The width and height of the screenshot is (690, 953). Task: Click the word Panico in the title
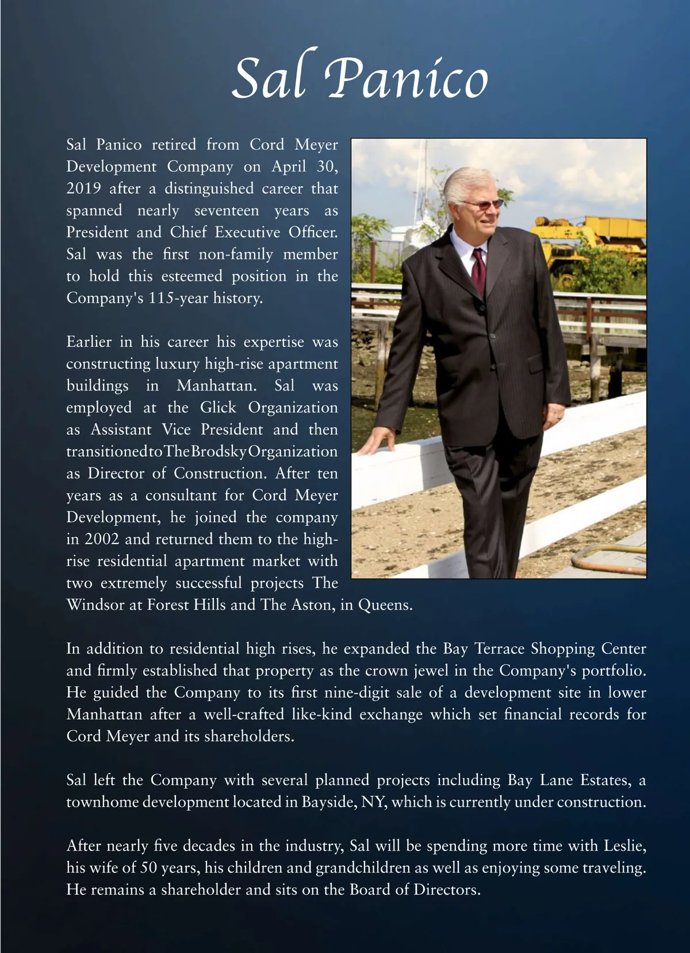point(407,78)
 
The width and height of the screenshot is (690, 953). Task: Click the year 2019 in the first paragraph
point(83,189)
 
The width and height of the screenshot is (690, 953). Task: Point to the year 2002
point(102,539)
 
